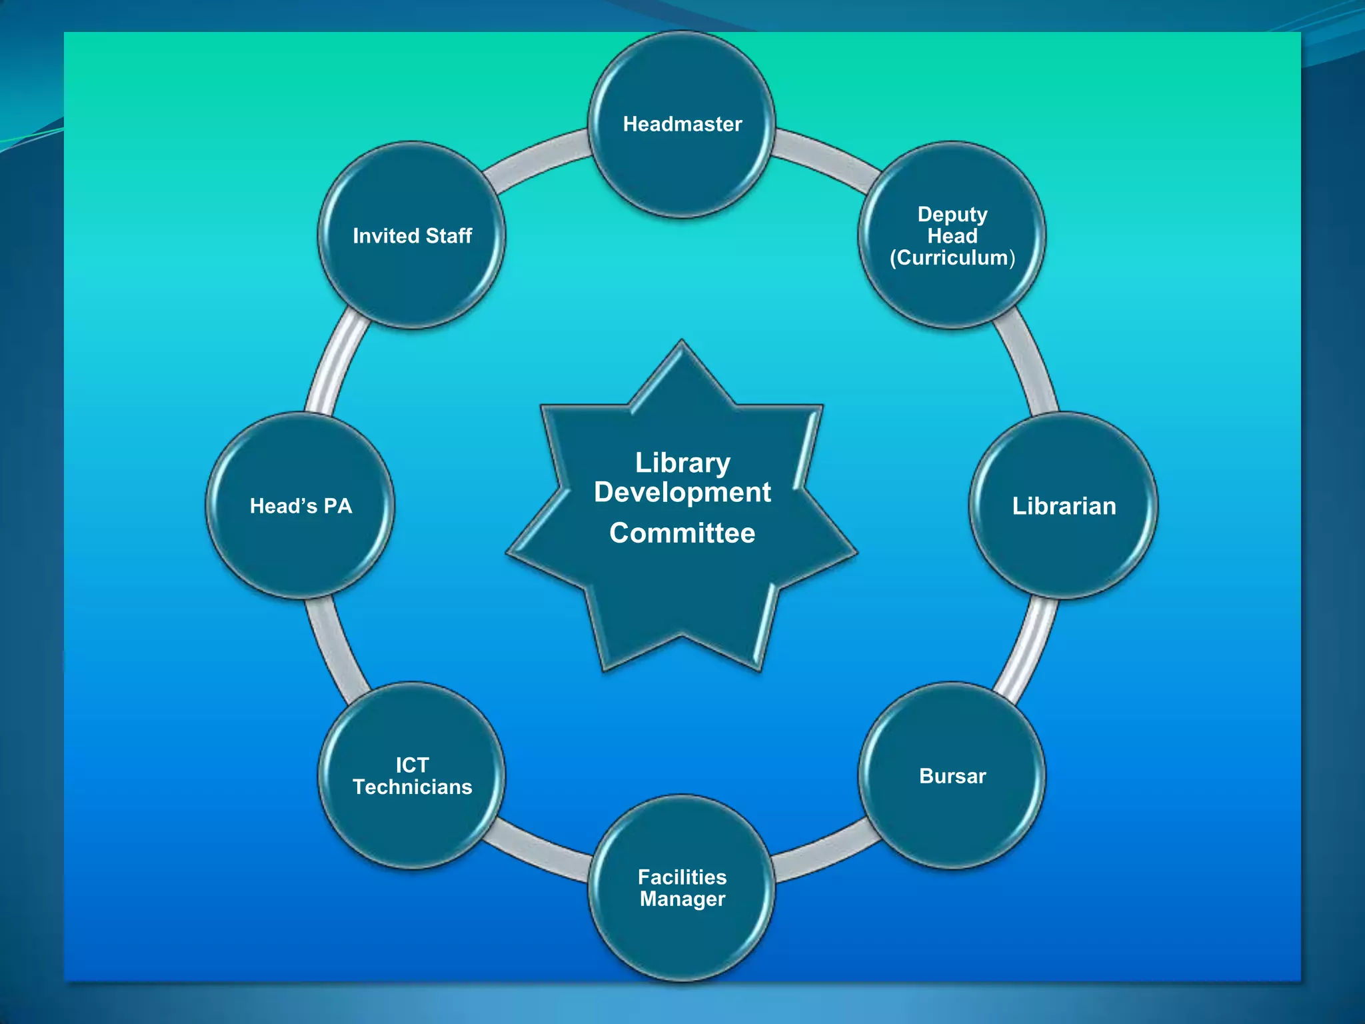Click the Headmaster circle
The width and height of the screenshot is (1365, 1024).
(x=682, y=125)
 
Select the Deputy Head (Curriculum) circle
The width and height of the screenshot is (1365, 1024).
(x=952, y=235)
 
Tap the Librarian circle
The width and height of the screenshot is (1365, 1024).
(x=1064, y=506)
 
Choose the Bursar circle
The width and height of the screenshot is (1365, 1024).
(x=952, y=776)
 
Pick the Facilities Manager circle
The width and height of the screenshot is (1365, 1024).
(x=682, y=888)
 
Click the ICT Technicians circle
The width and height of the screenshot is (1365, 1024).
(x=412, y=776)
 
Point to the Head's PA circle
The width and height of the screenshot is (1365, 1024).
(x=301, y=506)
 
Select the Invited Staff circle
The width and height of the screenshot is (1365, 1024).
(x=412, y=235)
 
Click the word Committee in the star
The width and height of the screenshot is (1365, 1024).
(x=682, y=533)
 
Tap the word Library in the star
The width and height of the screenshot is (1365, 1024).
(x=682, y=463)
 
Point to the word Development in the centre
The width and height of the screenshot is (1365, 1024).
(x=682, y=493)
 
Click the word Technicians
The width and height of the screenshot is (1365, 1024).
(x=412, y=787)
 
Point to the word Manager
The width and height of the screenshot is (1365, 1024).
(x=682, y=899)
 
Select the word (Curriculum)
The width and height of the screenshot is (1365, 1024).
(x=952, y=258)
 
